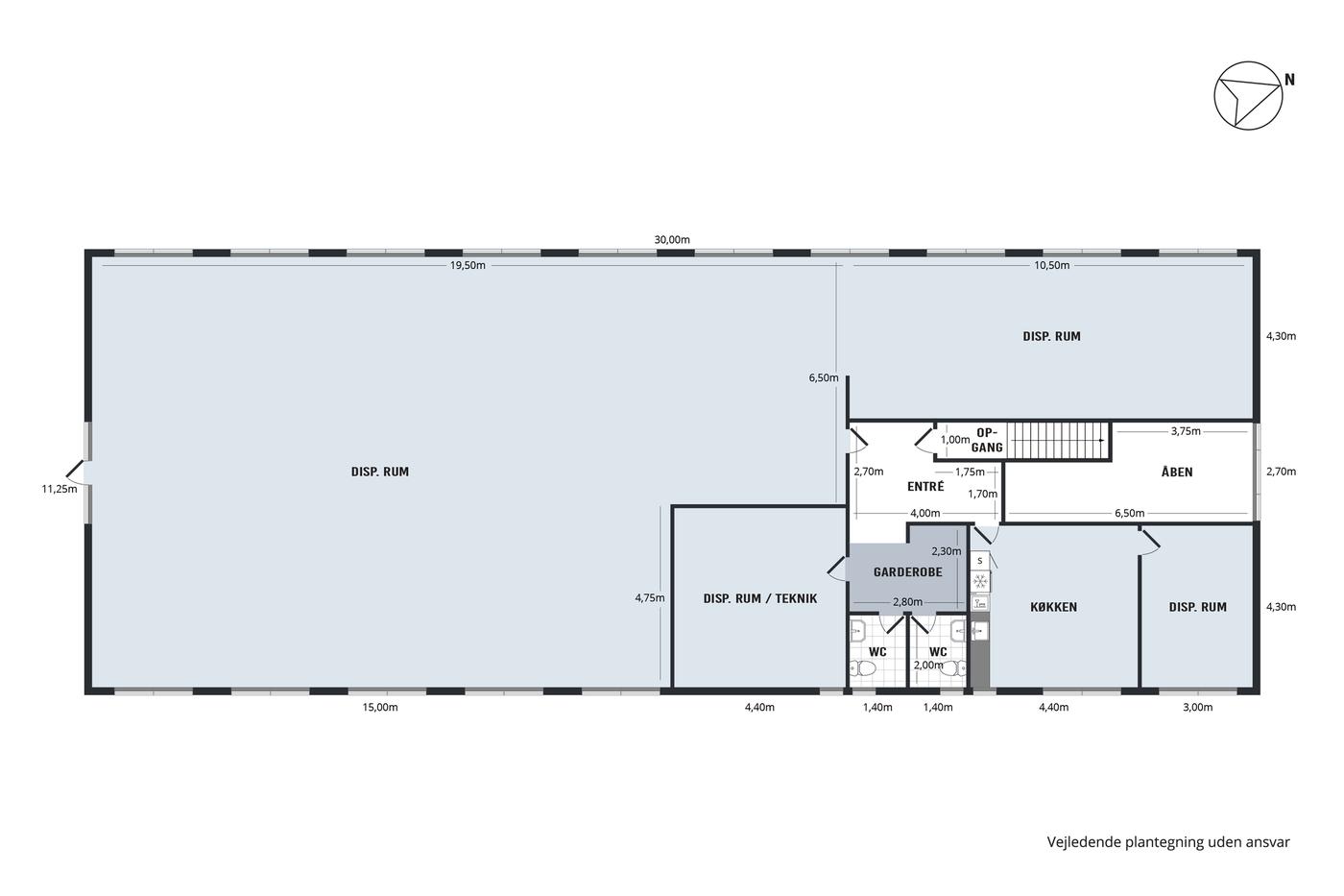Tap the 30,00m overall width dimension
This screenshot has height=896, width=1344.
(x=672, y=240)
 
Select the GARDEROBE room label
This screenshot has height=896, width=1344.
(x=908, y=572)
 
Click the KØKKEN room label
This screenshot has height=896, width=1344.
(x=1054, y=607)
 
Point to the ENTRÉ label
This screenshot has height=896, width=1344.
(x=925, y=486)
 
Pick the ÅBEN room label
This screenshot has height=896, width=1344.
(x=1177, y=472)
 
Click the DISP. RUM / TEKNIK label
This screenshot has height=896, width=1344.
(x=760, y=598)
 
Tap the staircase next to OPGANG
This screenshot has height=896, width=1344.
(x=1057, y=441)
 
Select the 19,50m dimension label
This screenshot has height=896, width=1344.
(x=468, y=265)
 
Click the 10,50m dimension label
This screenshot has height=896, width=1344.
(x=1052, y=265)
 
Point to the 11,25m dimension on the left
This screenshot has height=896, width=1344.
(x=60, y=489)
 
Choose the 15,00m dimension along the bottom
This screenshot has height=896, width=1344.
(x=380, y=707)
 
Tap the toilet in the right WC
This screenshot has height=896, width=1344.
(x=953, y=668)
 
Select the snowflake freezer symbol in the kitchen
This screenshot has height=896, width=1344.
(x=980, y=582)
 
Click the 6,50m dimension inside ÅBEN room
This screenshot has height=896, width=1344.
(x=1130, y=513)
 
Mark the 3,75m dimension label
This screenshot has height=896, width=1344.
(x=1186, y=431)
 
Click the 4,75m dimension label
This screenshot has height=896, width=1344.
(x=650, y=597)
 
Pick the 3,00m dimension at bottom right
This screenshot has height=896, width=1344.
(x=1198, y=707)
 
